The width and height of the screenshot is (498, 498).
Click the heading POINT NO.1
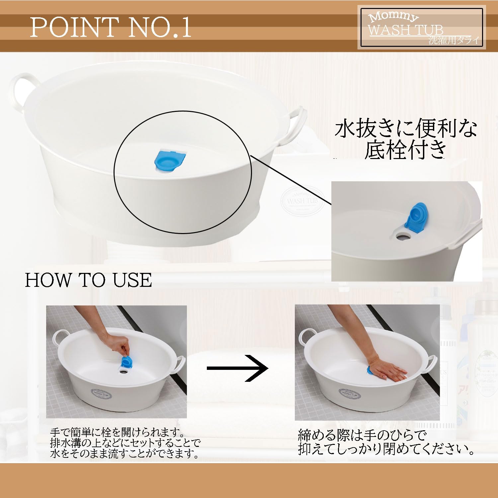[x=111, y=27]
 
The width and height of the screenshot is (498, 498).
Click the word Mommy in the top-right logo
[x=394, y=17]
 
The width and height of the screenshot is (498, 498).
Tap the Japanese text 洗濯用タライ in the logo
[x=454, y=41]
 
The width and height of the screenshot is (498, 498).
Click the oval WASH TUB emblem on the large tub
[x=301, y=201]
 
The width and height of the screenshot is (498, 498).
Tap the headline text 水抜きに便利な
[x=405, y=129]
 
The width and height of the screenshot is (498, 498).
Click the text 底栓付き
[x=405, y=150]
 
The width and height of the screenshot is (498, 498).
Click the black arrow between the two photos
[x=238, y=368]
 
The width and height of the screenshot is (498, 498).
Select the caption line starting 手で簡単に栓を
[x=117, y=433]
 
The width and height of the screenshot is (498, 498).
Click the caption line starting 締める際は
[x=362, y=435]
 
